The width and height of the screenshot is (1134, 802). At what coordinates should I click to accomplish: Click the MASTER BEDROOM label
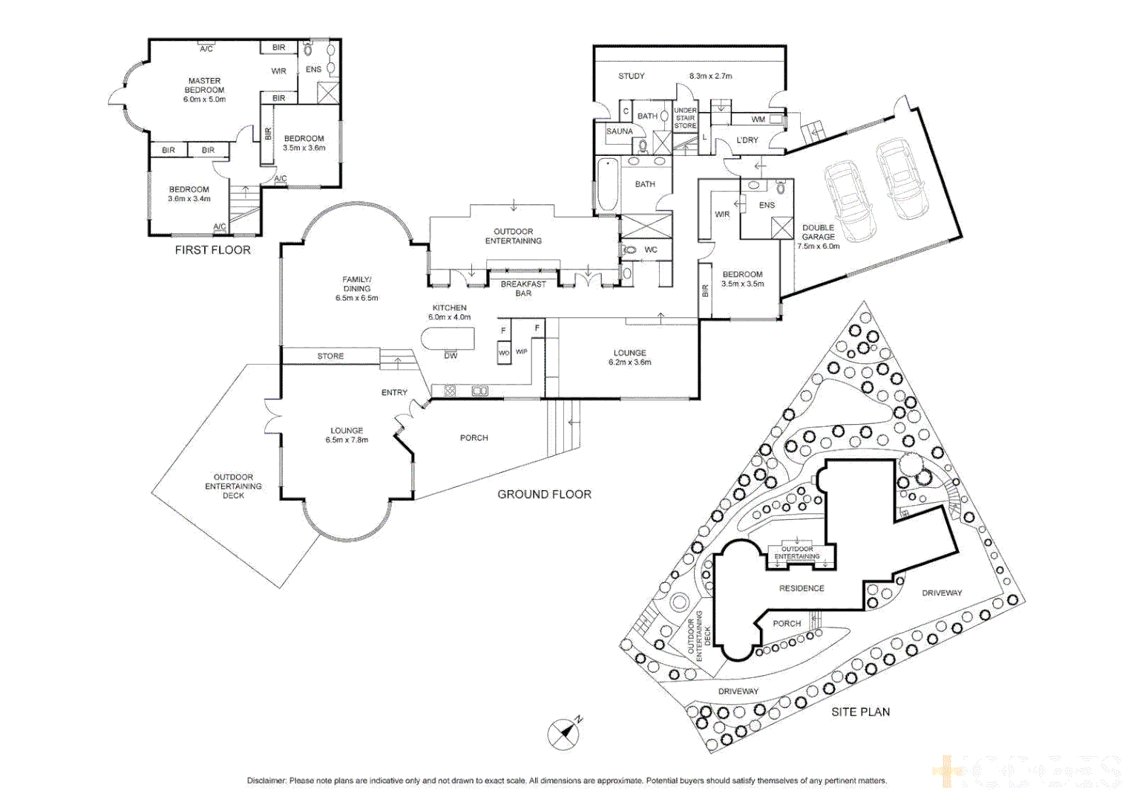[204, 85]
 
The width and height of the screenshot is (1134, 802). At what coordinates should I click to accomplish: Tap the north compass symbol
[564, 734]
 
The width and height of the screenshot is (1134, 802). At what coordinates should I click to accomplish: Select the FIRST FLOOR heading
[212, 250]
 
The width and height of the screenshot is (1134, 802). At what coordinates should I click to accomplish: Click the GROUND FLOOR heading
[544, 495]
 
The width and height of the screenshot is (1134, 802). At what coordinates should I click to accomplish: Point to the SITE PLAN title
[860, 712]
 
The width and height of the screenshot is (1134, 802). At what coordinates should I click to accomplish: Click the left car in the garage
[850, 201]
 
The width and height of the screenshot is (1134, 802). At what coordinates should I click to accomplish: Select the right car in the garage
[902, 179]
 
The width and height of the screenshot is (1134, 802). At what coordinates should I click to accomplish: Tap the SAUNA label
[619, 131]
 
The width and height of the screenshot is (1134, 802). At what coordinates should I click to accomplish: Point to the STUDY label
[632, 76]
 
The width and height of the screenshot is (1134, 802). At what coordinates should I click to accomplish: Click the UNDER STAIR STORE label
[685, 118]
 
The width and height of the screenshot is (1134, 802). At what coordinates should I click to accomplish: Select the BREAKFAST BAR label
[523, 289]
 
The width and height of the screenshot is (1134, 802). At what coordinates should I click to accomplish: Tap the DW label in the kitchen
[450, 356]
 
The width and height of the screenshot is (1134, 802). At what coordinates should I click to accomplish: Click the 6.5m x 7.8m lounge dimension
[347, 440]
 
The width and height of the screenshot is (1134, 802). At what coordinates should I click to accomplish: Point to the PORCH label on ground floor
[473, 438]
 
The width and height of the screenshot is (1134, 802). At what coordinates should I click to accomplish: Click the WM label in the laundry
[758, 120]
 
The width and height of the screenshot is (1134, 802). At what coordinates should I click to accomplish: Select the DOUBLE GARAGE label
[818, 232]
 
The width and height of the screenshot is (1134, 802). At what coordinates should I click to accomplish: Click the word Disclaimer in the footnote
[266, 780]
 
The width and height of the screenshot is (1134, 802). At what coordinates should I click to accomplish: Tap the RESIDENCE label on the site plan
[802, 588]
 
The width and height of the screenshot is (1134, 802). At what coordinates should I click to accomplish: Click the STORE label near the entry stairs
[330, 356]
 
